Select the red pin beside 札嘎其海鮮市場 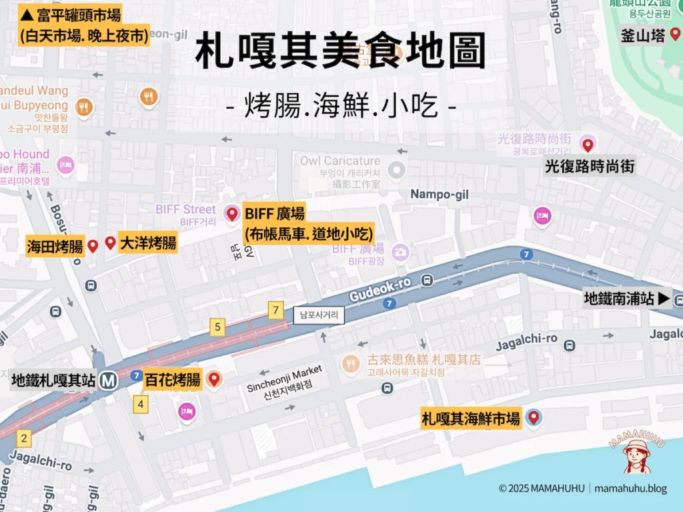click(534, 417)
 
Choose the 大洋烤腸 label click(147, 243)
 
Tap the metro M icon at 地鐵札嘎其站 click(109, 381)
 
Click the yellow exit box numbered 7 click(275, 310)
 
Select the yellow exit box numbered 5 click(217, 327)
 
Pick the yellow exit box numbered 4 click(141, 404)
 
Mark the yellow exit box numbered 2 click(25, 438)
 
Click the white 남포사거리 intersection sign click(319, 315)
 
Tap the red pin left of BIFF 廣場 click(232, 214)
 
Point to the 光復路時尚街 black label click(589, 166)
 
